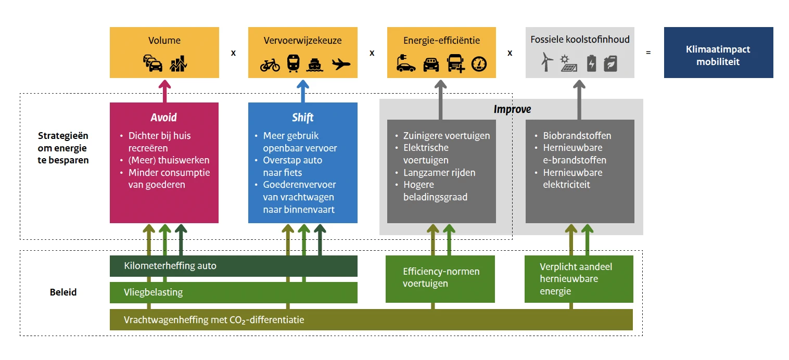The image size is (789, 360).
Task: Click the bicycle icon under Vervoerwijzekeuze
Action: click(270, 65)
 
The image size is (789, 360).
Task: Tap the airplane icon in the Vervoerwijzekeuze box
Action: click(341, 65)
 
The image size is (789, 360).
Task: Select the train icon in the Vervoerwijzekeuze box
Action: click(293, 64)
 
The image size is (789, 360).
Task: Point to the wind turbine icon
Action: click(546, 63)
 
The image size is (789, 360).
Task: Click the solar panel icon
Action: click(568, 64)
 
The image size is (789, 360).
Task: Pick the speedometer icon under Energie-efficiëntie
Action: click(478, 64)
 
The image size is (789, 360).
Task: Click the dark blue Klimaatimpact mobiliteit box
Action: click(718, 53)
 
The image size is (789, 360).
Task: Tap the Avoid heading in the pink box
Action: click(164, 118)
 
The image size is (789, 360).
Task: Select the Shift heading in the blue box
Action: click(302, 118)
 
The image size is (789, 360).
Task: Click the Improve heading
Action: click(512, 109)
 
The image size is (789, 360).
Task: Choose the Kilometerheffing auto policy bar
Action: click(233, 266)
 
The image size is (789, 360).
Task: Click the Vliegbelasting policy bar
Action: click(233, 292)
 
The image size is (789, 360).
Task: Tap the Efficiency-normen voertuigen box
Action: click(440, 278)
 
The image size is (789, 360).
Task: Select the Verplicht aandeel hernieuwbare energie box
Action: click(579, 279)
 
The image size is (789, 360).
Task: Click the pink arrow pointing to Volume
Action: click(164, 91)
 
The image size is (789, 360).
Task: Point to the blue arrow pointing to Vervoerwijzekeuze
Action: click(303, 91)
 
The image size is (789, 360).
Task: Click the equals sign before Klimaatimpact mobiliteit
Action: click(648, 53)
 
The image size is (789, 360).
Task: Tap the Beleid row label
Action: click(63, 292)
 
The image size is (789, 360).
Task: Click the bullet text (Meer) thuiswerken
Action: click(169, 160)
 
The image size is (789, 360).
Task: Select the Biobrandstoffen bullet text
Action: click(577, 136)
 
